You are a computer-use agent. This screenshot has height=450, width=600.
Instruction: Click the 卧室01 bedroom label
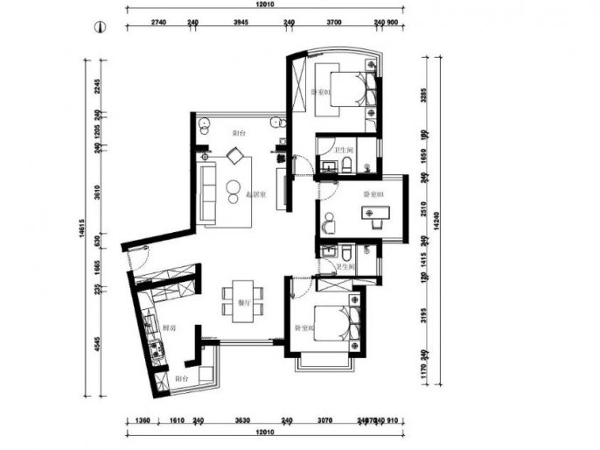click(319, 92)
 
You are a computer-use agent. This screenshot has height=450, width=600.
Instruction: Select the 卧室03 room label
click(372, 193)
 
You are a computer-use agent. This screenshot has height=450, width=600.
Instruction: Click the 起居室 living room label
click(255, 193)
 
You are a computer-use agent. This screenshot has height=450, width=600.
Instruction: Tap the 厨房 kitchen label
click(171, 327)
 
